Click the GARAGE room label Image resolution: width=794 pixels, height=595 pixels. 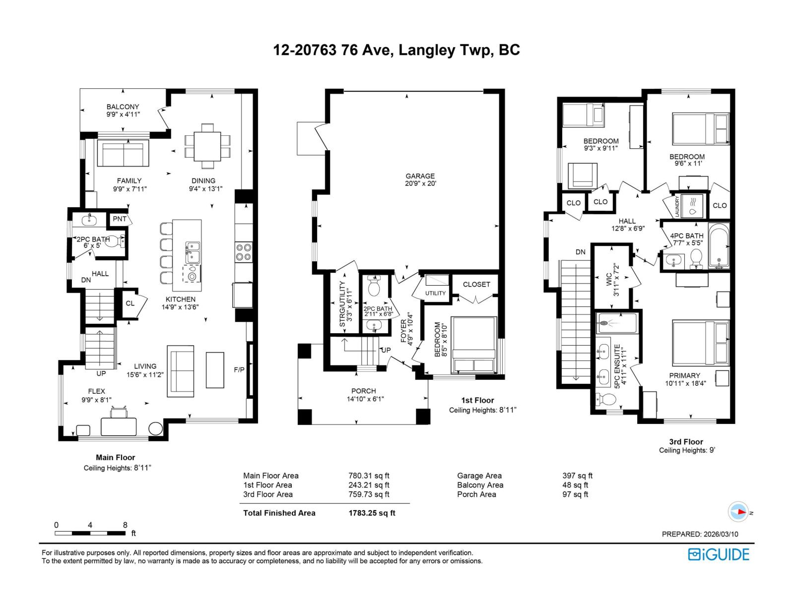[420, 176]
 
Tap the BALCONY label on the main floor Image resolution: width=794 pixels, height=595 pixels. [123, 107]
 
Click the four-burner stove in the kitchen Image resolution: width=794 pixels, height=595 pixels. [243, 251]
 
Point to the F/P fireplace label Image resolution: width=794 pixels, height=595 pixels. [239, 369]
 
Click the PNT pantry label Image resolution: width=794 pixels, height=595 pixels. [119, 219]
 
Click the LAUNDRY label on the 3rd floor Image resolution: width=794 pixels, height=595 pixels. [676, 206]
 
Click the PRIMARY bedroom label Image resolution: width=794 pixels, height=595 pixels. [684, 375]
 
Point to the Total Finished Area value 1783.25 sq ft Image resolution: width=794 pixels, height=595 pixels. [372, 513]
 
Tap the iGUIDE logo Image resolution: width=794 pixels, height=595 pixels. [719, 554]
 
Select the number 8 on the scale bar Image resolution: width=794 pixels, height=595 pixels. [125, 525]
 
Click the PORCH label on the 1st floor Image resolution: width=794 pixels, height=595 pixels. [363, 391]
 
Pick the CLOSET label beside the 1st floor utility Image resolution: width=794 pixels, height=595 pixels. [476, 284]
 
